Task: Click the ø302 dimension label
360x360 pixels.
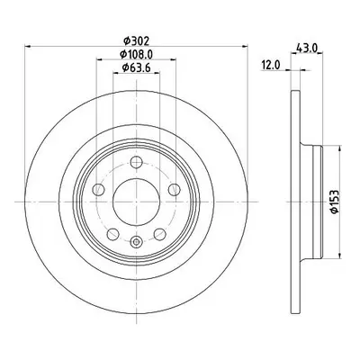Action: click(137, 40)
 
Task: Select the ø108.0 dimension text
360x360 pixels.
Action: click(137, 54)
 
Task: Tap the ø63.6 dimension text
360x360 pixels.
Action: click(136, 67)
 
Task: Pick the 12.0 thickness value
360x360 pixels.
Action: click(271, 65)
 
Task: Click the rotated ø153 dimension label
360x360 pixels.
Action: click(334, 202)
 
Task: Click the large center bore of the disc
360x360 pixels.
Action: click(136, 202)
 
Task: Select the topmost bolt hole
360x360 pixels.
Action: click(136, 162)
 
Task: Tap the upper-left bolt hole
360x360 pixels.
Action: click(98, 190)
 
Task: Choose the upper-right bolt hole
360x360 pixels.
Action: click(174, 190)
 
